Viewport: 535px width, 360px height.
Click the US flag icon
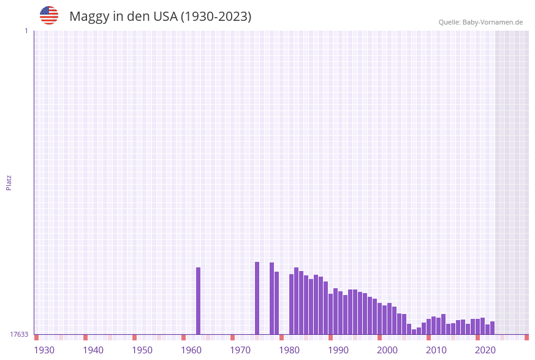pyautogui.click(x=49, y=15)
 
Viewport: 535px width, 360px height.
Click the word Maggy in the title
pyautogui.click(x=89, y=17)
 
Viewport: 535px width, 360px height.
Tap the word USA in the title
pyautogui.click(x=165, y=17)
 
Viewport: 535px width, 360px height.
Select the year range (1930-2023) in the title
pyautogui.click(x=216, y=17)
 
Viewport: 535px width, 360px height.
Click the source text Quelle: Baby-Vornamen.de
pyautogui.click(x=480, y=22)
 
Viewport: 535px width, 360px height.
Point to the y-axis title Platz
pyautogui.click(x=9, y=182)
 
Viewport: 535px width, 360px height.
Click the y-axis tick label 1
pyautogui.click(x=26, y=31)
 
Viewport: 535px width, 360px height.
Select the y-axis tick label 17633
pyautogui.click(x=19, y=334)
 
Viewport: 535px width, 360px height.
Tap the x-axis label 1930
pyautogui.click(x=44, y=350)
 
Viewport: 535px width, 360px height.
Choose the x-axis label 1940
pyautogui.click(x=93, y=350)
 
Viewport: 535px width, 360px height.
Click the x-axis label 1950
pyautogui.click(x=142, y=350)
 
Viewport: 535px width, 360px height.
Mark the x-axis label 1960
pyautogui.click(x=191, y=350)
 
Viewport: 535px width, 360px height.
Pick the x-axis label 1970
pyautogui.click(x=240, y=350)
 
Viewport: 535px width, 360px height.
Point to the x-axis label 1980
pyautogui.click(x=289, y=350)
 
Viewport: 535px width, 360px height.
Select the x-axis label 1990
pyautogui.click(x=338, y=350)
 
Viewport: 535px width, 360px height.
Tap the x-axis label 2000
pyautogui.click(x=387, y=350)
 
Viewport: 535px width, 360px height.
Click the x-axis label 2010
pyautogui.click(x=436, y=350)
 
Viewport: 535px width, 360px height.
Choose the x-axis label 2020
pyautogui.click(x=485, y=350)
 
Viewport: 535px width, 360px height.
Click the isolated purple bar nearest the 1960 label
pyautogui.click(x=198, y=301)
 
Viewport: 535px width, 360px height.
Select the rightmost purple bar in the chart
pyautogui.click(x=492, y=328)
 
